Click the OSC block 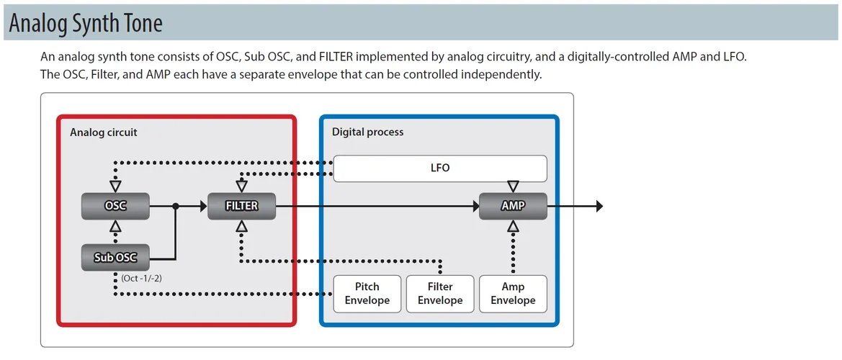coord(115,206)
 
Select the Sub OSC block coord(115,257)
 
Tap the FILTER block coord(241,206)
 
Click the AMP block coord(513,206)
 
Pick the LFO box coord(440,168)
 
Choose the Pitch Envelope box coord(367,293)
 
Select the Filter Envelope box coord(440,293)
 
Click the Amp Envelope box coord(513,293)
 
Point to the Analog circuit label coord(104,132)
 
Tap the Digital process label coord(367,132)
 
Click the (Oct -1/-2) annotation coord(140,278)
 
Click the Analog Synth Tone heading coord(86,24)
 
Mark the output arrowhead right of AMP coord(599,207)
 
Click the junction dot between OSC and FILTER coord(176,207)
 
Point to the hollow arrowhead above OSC coord(115,186)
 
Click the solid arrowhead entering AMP coord(475,207)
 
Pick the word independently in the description coord(502,74)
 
